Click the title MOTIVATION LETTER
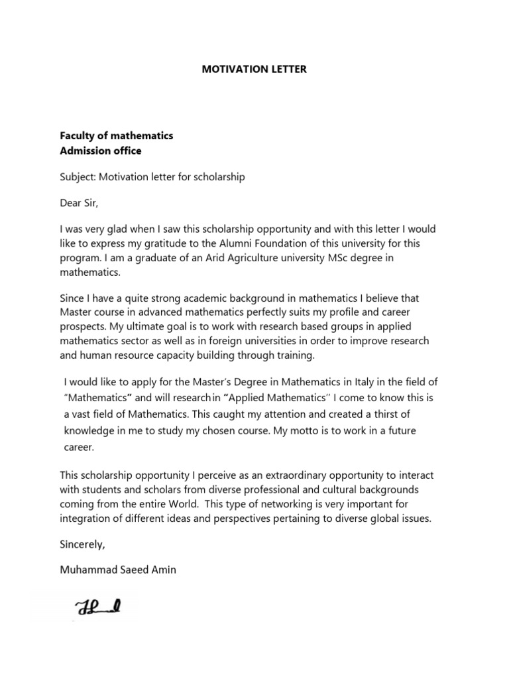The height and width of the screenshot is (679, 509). (x=254, y=69)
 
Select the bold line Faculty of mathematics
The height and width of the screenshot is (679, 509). (x=117, y=135)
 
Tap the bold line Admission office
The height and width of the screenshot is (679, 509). (x=101, y=151)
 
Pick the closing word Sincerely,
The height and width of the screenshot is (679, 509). (x=83, y=544)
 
